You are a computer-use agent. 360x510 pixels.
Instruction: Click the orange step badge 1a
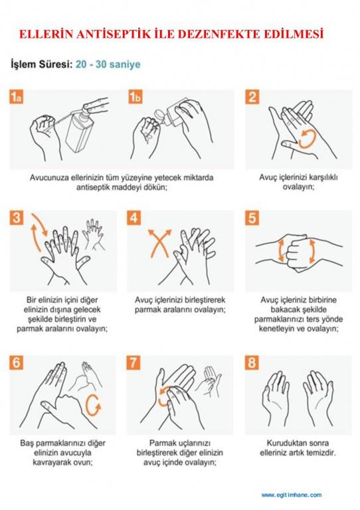[x=16, y=97]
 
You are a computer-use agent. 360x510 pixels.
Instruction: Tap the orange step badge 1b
[x=135, y=97]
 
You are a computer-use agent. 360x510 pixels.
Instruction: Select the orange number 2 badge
[x=252, y=97]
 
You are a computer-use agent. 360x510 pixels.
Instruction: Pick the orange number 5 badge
[x=252, y=218]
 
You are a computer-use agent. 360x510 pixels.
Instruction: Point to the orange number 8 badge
[x=252, y=363]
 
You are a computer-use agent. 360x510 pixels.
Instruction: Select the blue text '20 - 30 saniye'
[x=108, y=64]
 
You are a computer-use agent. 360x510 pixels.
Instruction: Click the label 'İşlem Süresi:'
[x=42, y=64]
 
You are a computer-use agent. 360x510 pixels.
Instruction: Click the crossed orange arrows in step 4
[x=159, y=243]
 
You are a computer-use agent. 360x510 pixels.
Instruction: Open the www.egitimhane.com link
[x=292, y=495]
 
